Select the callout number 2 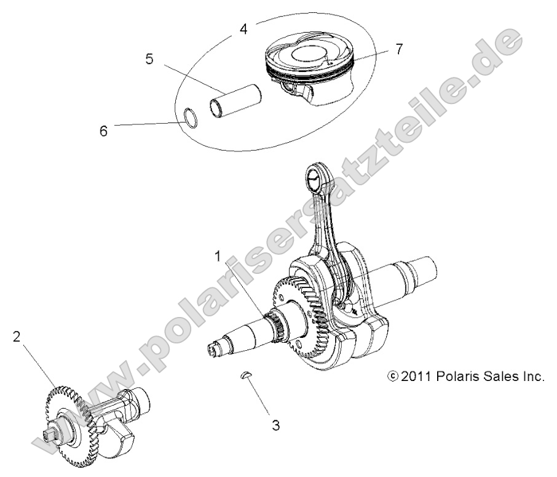click(17, 336)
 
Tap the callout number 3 click(275, 424)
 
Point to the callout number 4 click(243, 28)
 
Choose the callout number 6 click(103, 130)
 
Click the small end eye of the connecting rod click(317, 180)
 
